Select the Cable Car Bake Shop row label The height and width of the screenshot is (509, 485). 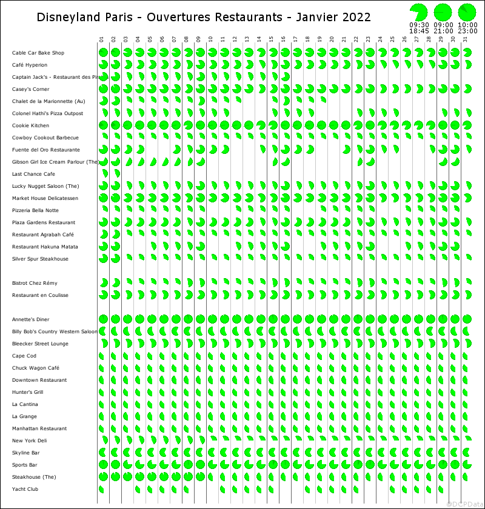[x=38, y=53]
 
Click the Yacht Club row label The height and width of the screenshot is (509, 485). [x=25, y=489]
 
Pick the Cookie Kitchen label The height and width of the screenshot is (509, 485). [x=31, y=125]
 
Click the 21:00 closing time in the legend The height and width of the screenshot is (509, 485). [x=443, y=31]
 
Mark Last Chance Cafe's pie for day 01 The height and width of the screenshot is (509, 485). [x=104, y=174]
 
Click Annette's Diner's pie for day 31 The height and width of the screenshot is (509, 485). [x=467, y=319]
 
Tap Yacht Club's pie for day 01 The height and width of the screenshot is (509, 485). [x=101, y=489]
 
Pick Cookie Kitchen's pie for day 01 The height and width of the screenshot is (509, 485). [x=103, y=125]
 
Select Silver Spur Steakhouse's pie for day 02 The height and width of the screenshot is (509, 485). [x=115, y=259]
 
